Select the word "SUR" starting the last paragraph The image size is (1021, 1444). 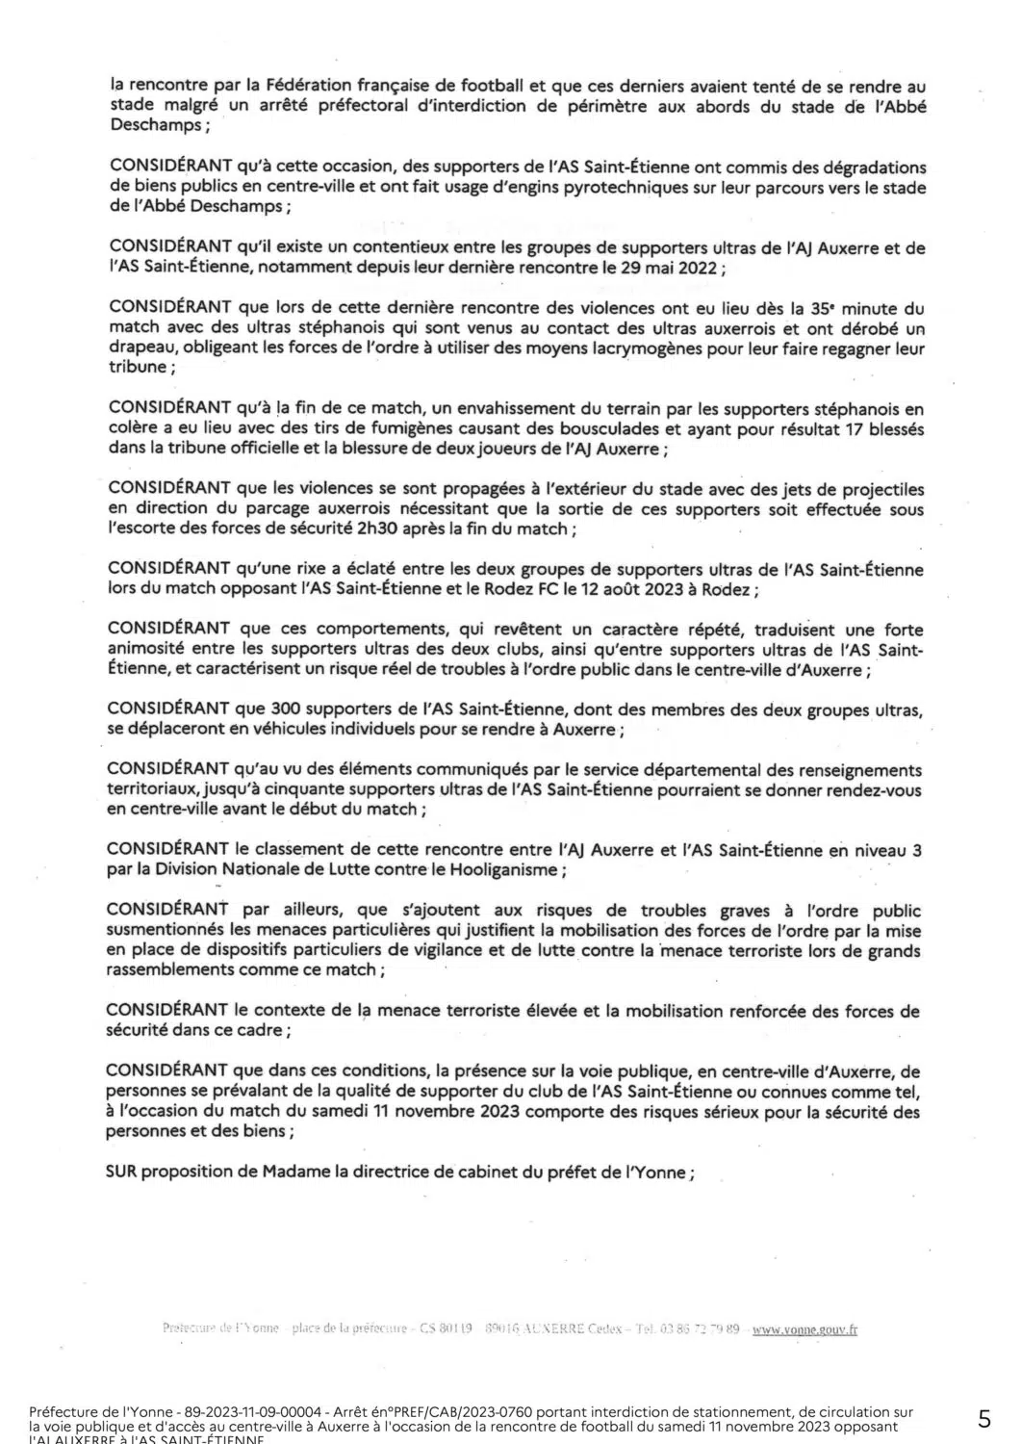click(x=122, y=1173)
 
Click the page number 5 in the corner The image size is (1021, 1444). click(x=984, y=1418)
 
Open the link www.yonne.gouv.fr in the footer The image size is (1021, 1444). click(x=804, y=1329)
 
